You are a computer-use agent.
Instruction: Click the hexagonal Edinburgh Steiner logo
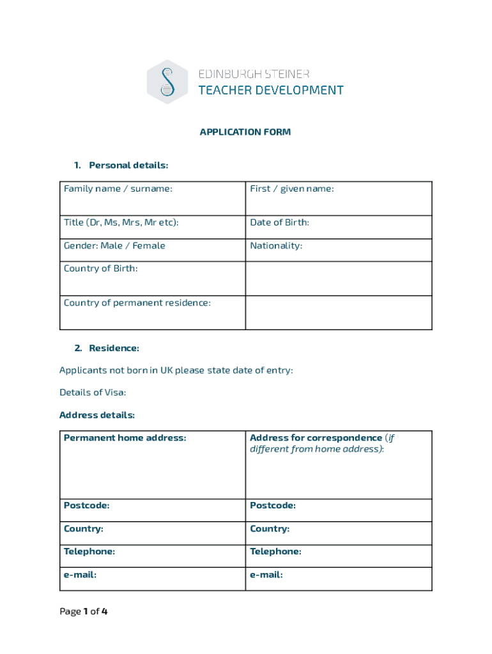tap(167, 82)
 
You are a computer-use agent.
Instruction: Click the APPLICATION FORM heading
tap(245, 132)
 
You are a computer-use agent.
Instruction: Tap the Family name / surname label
tap(118, 188)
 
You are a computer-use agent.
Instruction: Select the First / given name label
tap(291, 188)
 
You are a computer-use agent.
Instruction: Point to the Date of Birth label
tap(279, 222)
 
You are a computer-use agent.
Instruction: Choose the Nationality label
tap(276, 246)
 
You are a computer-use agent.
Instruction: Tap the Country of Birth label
tap(100, 268)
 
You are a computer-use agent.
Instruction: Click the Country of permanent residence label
tap(137, 303)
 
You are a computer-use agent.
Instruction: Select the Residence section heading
tap(113, 348)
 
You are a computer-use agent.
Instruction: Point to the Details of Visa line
tap(93, 392)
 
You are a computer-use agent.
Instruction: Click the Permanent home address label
tap(125, 438)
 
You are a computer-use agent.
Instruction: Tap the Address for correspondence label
tap(316, 438)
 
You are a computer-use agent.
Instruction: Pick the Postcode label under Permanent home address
tap(86, 506)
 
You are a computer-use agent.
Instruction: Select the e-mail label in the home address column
tap(80, 575)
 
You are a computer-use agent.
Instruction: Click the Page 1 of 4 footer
tap(84, 612)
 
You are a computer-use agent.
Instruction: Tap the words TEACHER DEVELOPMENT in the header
tap(271, 90)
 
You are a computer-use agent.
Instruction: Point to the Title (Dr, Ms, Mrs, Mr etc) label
tap(121, 222)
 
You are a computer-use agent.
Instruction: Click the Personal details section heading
tap(128, 165)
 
